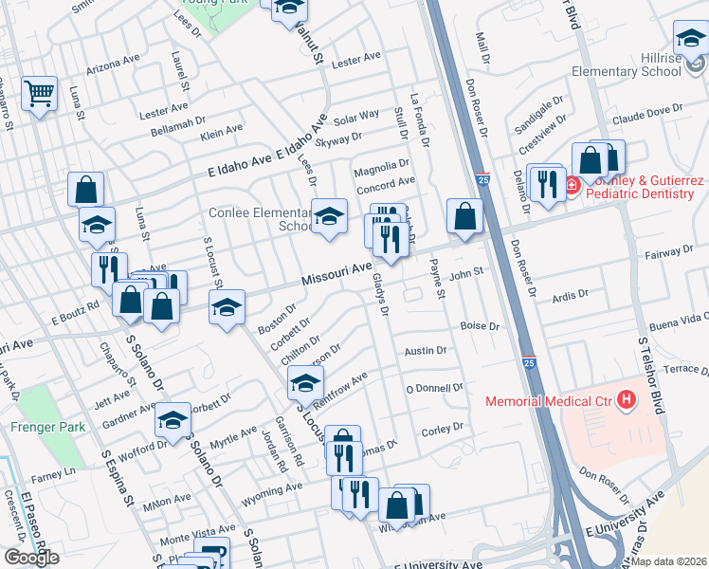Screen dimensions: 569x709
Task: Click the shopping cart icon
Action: click(40, 93)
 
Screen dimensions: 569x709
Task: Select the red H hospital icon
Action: click(626, 401)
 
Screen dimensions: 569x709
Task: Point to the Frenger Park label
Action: click(47, 427)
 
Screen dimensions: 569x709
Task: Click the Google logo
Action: click(31, 557)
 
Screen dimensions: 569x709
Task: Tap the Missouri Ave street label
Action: click(336, 276)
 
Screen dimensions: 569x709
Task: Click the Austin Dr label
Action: click(425, 351)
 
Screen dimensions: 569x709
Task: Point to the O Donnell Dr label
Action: click(434, 388)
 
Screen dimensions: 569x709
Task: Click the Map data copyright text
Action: click(669, 560)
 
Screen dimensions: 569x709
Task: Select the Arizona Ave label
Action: click(114, 64)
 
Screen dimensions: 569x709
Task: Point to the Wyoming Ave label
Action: click(273, 490)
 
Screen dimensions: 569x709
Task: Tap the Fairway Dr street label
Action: click(669, 253)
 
